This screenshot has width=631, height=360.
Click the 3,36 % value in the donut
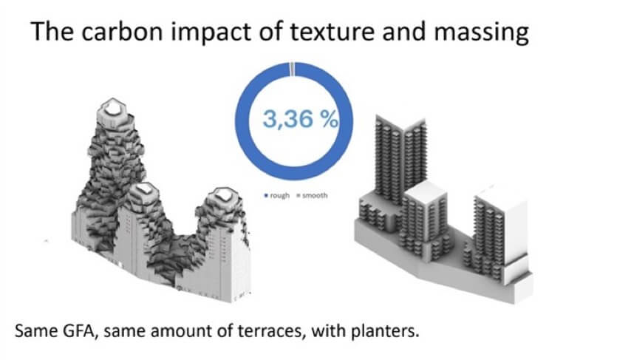point(300,119)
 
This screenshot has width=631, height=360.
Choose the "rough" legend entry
point(277,195)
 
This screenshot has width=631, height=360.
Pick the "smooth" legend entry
point(312,195)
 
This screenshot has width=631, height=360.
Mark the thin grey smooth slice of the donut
point(292,69)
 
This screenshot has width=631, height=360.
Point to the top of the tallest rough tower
point(112,109)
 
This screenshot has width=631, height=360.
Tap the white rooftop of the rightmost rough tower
point(222,194)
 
